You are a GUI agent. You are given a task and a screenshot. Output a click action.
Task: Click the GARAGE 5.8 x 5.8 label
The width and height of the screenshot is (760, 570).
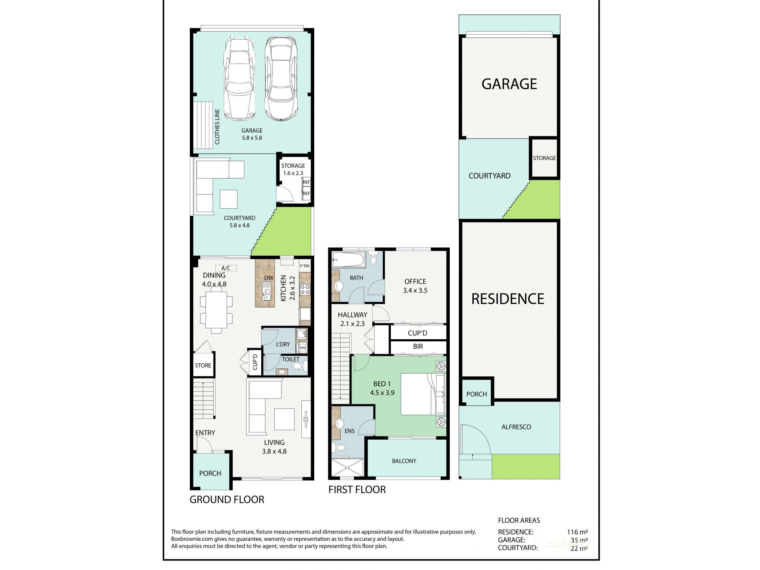(252, 134)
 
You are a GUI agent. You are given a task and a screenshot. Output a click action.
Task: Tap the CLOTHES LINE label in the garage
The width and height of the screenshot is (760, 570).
(217, 127)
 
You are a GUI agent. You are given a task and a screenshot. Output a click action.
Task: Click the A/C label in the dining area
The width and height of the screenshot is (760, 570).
(226, 268)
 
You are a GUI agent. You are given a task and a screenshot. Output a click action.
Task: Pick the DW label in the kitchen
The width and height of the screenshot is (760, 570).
(269, 278)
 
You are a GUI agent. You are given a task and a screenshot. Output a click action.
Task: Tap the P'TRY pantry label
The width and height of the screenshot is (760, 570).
(305, 266)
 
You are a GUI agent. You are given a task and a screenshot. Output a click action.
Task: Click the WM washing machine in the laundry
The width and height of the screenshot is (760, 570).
(302, 348)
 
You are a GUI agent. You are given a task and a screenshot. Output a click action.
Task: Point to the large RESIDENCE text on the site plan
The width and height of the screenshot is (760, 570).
(508, 299)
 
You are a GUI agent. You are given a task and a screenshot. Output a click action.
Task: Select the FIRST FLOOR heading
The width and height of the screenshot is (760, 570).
(357, 490)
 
